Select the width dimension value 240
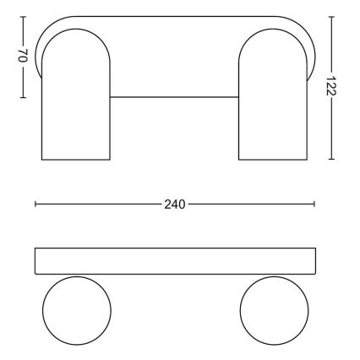[175, 205]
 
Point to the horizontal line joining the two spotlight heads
[175, 97]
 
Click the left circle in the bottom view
[76, 310]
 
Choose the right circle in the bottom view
[274, 310]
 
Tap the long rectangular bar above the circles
[175, 261]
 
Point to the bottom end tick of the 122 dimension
[330, 159]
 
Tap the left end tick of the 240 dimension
[35, 205]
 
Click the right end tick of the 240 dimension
[314, 205]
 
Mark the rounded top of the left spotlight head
[76, 30]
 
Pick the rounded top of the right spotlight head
[274, 30]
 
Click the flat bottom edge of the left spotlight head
[76, 159]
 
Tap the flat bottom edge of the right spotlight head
[274, 159]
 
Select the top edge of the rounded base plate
[175, 16]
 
